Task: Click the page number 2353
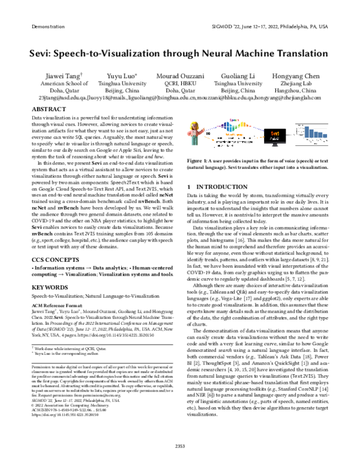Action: pos(180,445)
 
